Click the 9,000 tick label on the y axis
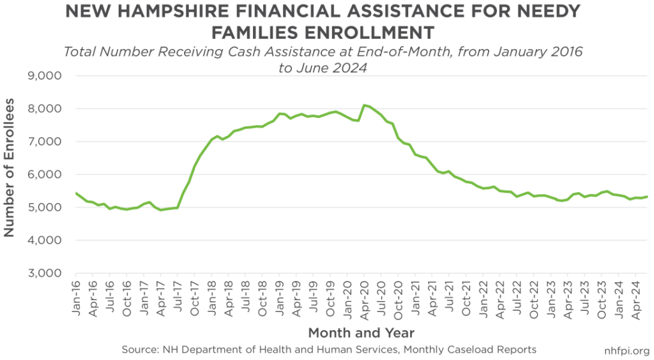pos(46,76)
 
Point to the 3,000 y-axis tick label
pos(46,273)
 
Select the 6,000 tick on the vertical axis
pos(46,174)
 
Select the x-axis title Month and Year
pos(361,333)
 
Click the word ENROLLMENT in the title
pos(363,32)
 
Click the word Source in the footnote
pos(139,350)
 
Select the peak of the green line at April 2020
pos(363,105)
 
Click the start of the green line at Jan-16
pos(77,193)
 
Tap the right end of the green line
pos(648,197)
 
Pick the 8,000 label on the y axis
pos(46,109)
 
